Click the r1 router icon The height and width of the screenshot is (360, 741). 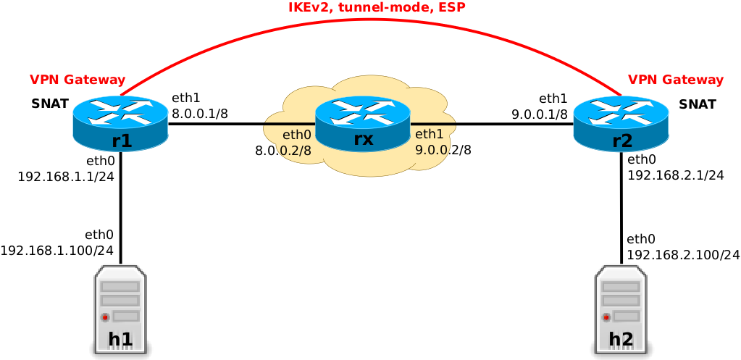tap(120, 123)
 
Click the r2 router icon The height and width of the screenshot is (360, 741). tap(621, 123)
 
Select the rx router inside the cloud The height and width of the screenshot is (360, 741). tap(363, 123)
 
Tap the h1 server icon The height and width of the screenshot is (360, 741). tap(120, 311)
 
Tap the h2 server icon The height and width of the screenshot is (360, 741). tap(621, 311)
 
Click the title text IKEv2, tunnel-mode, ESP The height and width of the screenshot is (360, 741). tap(376, 8)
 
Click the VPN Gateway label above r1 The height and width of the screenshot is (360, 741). tap(78, 80)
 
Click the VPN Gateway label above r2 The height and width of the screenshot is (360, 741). tap(675, 80)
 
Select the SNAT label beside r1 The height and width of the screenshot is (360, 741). tap(50, 104)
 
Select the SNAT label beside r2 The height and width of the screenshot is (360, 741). tap(698, 104)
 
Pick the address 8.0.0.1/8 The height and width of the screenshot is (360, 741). tap(200, 114)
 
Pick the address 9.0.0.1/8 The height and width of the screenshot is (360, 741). tap(540, 114)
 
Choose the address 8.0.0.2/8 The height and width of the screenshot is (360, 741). tap(283, 151)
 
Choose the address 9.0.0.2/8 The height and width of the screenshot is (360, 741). tap(443, 150)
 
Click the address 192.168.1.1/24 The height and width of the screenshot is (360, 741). tap(67, 177)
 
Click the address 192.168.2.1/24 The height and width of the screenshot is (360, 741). tap(676, 175)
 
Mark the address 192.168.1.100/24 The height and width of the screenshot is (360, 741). tap(57, 251)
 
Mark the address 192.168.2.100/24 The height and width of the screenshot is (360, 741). tap(683, 255)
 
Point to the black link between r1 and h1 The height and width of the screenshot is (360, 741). tap(120, 210)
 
